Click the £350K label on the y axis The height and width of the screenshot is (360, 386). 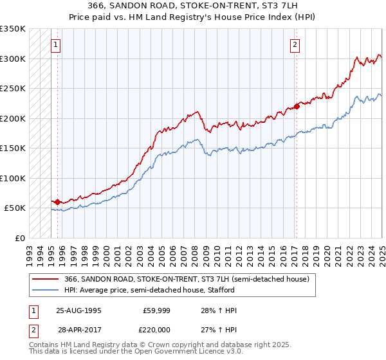point(13,29)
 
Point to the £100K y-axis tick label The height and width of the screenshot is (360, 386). point(13,178)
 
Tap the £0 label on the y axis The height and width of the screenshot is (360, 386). point(19,238)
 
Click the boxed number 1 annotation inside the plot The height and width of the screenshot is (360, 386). point(56,44)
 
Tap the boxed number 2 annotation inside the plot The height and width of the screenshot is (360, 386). point(295,44)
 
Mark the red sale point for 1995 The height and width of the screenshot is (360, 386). point(57,202)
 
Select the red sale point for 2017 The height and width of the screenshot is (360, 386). point(297,107)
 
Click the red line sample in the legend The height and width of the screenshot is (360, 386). point(45,279)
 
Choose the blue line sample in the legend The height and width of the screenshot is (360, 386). point(45,291)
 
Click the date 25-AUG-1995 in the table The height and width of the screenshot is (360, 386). point(78,310)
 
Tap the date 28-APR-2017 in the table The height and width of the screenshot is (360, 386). point(78,330)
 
